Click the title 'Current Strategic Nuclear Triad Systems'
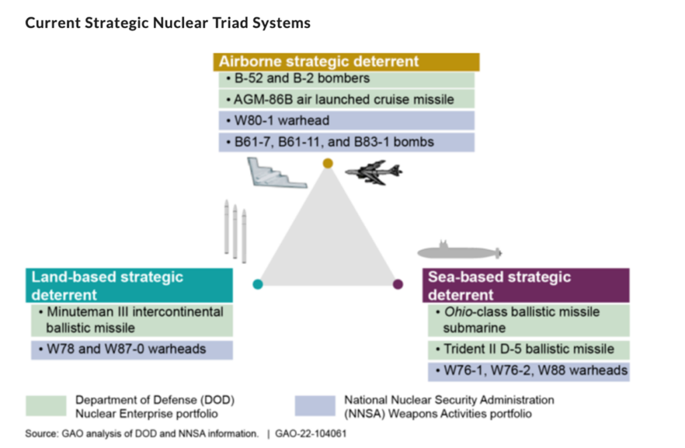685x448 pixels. (168, 23)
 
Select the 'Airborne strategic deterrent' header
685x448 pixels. (346, 62)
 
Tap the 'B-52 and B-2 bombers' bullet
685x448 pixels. (346, 79)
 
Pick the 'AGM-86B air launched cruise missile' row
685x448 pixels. (346, 100)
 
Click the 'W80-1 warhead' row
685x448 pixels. (346, 121)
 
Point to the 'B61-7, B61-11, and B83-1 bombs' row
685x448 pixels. (346, 142)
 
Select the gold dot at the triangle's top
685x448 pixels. (327, 163)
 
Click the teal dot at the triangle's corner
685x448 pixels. (258, 284)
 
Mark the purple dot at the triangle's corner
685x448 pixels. (398, 284)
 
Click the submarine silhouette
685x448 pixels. (459, 252)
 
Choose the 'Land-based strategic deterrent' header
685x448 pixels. (130, 286)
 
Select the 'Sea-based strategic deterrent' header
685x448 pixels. (526, 286)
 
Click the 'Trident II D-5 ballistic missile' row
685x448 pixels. (528, 349)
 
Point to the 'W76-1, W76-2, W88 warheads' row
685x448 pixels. (528, 370)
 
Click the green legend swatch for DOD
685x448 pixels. (45, 405)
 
